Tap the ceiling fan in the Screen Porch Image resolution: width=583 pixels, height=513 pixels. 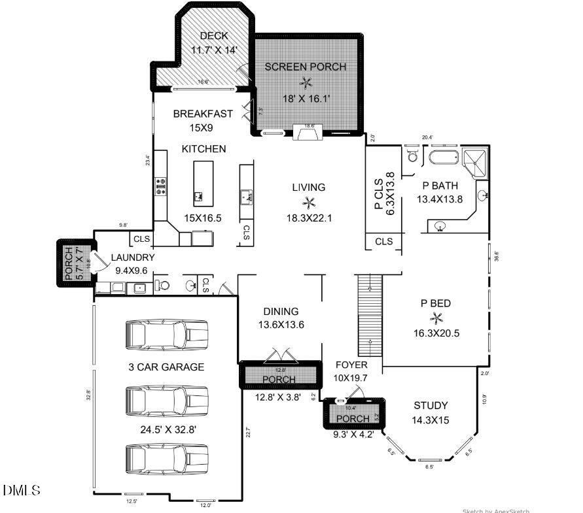coord(306,82)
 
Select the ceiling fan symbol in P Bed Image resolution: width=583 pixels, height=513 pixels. coord(436,318)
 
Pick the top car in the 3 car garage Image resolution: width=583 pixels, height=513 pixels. coord(166,335)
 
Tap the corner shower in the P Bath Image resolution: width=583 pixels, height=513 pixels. coord(476,162)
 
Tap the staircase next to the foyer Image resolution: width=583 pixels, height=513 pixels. coord(369,314)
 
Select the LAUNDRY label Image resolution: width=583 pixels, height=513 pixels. coord(133,258)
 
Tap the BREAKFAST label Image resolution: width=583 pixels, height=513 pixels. coord(203,114)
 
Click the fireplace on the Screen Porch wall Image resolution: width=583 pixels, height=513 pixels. coord(306,133)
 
